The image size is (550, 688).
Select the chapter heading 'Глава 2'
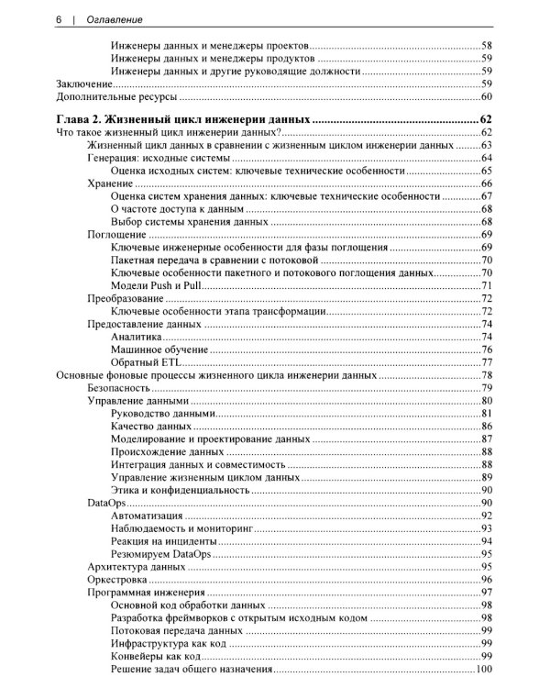[x=183, y=119]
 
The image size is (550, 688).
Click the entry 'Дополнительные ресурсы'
[x=115, y=96]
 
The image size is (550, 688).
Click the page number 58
[x=488, y=45]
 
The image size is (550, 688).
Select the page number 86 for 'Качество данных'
[x=488, y=427]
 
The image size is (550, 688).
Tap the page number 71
[x=488, y=285]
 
